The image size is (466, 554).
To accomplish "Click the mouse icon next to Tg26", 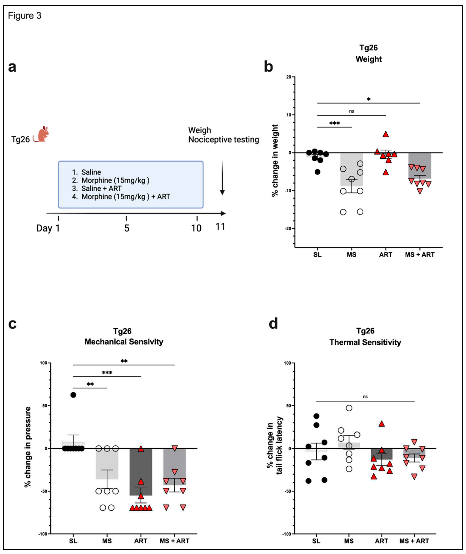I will (x=42, y=135).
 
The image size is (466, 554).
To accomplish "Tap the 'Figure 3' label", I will (x=25, y=16).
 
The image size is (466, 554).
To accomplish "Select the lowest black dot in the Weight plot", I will (x=317, y=172).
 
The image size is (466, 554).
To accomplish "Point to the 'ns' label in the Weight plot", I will (x=351, y=111).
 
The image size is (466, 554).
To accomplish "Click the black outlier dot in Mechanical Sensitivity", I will (x=73, y=395).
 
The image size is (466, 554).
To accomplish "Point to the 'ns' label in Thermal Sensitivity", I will (x=365, y=397).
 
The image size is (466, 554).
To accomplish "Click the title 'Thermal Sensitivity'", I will (x=365, y=342).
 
